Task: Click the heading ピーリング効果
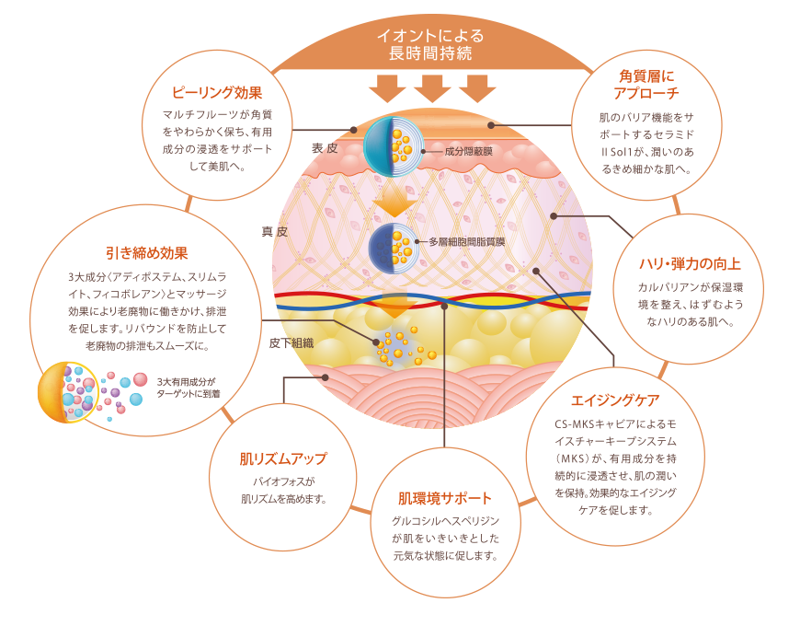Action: tap(219, 92)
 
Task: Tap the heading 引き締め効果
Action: tap(147, 253)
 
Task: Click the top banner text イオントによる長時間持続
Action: tap(429, 45)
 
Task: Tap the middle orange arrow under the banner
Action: tap(431, 88)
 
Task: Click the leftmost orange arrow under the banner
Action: tap(386, 88)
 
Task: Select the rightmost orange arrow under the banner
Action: tap(476, 88)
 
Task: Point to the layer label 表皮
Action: tap(326, 147)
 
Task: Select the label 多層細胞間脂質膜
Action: tap(467, 242)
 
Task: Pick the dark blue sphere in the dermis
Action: tap(394, 245)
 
